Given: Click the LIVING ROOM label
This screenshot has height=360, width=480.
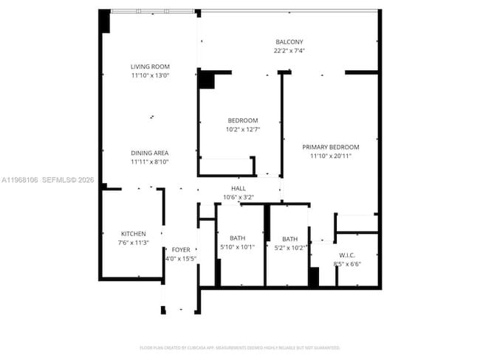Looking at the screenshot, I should click(x=150, y=66).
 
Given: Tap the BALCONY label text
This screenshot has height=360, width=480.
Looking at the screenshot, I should click(x=289, y=42).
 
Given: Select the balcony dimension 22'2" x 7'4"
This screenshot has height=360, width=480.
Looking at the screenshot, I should click(x=289, y=51).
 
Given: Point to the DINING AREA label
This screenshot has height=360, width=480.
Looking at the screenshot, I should click(x=150, y=153).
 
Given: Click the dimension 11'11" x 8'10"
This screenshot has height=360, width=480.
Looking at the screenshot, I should click(x=150, y=162).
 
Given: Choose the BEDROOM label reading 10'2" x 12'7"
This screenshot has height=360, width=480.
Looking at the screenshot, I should click(x=242, y=120).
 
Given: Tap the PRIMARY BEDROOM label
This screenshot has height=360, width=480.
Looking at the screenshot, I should click(x=330, y=147).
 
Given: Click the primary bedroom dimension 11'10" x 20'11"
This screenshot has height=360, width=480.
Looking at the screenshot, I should click(x=330, y=156).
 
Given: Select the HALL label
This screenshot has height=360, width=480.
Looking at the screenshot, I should click(x=239, y=189).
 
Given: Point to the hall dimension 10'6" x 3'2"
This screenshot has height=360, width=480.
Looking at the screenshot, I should click(x=239, y=197).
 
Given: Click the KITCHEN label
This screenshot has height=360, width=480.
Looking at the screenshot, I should click(x=134, y=234).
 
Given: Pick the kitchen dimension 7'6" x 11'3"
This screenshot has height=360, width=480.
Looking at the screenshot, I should click(x=134, y=242).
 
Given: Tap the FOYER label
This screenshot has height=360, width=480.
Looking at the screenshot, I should click(x=180, y=250).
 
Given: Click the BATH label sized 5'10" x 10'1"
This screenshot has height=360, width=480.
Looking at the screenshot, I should click(x=238, y=238).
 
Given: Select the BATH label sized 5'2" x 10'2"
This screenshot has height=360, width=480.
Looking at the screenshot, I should click(x=289, y=239).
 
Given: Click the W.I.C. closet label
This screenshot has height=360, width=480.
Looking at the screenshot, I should click(x=347, y=255).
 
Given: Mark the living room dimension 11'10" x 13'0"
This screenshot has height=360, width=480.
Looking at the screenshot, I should click(x=150, y=75).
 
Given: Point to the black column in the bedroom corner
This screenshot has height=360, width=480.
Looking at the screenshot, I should click(x=206, y=80).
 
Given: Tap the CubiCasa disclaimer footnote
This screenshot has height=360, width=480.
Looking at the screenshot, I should click(x=239, y=347).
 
